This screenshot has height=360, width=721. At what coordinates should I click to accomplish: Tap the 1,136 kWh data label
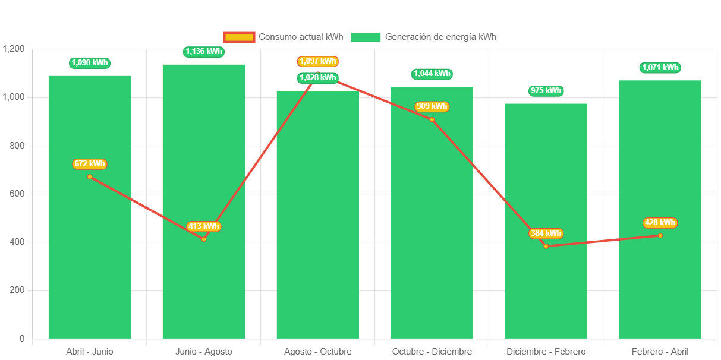[x=204, y=52]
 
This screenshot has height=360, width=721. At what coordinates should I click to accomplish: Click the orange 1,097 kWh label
[x=318, y=61]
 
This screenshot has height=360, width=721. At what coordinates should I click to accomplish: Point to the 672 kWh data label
[x=90, y=164]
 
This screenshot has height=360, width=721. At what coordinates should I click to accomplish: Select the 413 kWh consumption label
[x=203, y=226]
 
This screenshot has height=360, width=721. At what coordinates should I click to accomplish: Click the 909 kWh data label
[x=432, y=107]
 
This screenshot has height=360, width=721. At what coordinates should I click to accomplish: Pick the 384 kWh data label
[x=546, y=233]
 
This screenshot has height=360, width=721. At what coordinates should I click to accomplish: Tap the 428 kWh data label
[x=660, y=223]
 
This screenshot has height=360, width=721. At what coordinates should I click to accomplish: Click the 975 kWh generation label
[x=546, y=91]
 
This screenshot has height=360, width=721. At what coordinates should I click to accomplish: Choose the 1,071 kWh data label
[x=660, y=68]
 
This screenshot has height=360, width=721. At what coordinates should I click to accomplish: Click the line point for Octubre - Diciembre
[x=432, y=119]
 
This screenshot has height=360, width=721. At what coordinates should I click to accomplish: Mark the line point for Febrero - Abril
[x=660, y=236]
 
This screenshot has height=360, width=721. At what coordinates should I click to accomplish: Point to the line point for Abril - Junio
[x=90, y=176]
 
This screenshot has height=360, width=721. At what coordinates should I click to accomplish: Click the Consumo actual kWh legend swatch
[x=239, y=37]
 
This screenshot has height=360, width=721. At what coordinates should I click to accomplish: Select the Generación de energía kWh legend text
[x=440, y=37]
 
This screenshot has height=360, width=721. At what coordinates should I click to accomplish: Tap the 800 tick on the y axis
[x=17, y=146]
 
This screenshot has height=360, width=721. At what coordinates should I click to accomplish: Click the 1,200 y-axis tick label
[x=14, y=49]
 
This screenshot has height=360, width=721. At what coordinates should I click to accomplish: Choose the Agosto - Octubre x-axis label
[x=317, y=352]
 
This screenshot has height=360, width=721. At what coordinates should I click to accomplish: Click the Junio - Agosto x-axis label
[x=203, y=352]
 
